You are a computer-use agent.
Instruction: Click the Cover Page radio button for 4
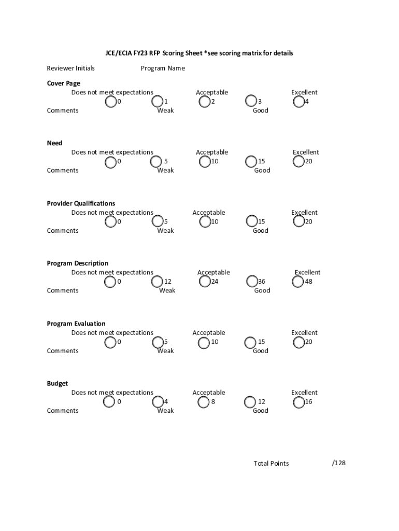[x=298, y=102]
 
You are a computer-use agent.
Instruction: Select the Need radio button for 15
[x=251, y=162]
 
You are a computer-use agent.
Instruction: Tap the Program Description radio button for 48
[x=298, y=282]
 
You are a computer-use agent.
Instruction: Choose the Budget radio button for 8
[x=203, y=402]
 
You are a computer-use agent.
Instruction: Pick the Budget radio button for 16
[x=298, y=402]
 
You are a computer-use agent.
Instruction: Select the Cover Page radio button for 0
[x=111, y=102]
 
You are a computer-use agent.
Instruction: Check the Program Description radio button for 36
[x=252, y=282]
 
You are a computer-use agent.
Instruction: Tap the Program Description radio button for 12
[x=157, y=282]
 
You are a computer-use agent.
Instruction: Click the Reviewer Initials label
[x=71, y=68]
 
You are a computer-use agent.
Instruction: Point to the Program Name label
[x=163, y=68]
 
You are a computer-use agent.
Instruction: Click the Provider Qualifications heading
[x=81, y=203]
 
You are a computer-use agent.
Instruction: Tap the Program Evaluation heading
[x=76, y=324]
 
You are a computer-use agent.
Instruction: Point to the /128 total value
[x=338, y=463]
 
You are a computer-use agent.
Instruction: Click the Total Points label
[x=271, y=464]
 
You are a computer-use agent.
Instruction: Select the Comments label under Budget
[x=63, y=411]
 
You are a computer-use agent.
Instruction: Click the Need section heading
[x=54, y=143]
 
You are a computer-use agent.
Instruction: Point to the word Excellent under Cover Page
[x=304, y=92]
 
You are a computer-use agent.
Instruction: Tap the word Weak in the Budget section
[x=165, y=411]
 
